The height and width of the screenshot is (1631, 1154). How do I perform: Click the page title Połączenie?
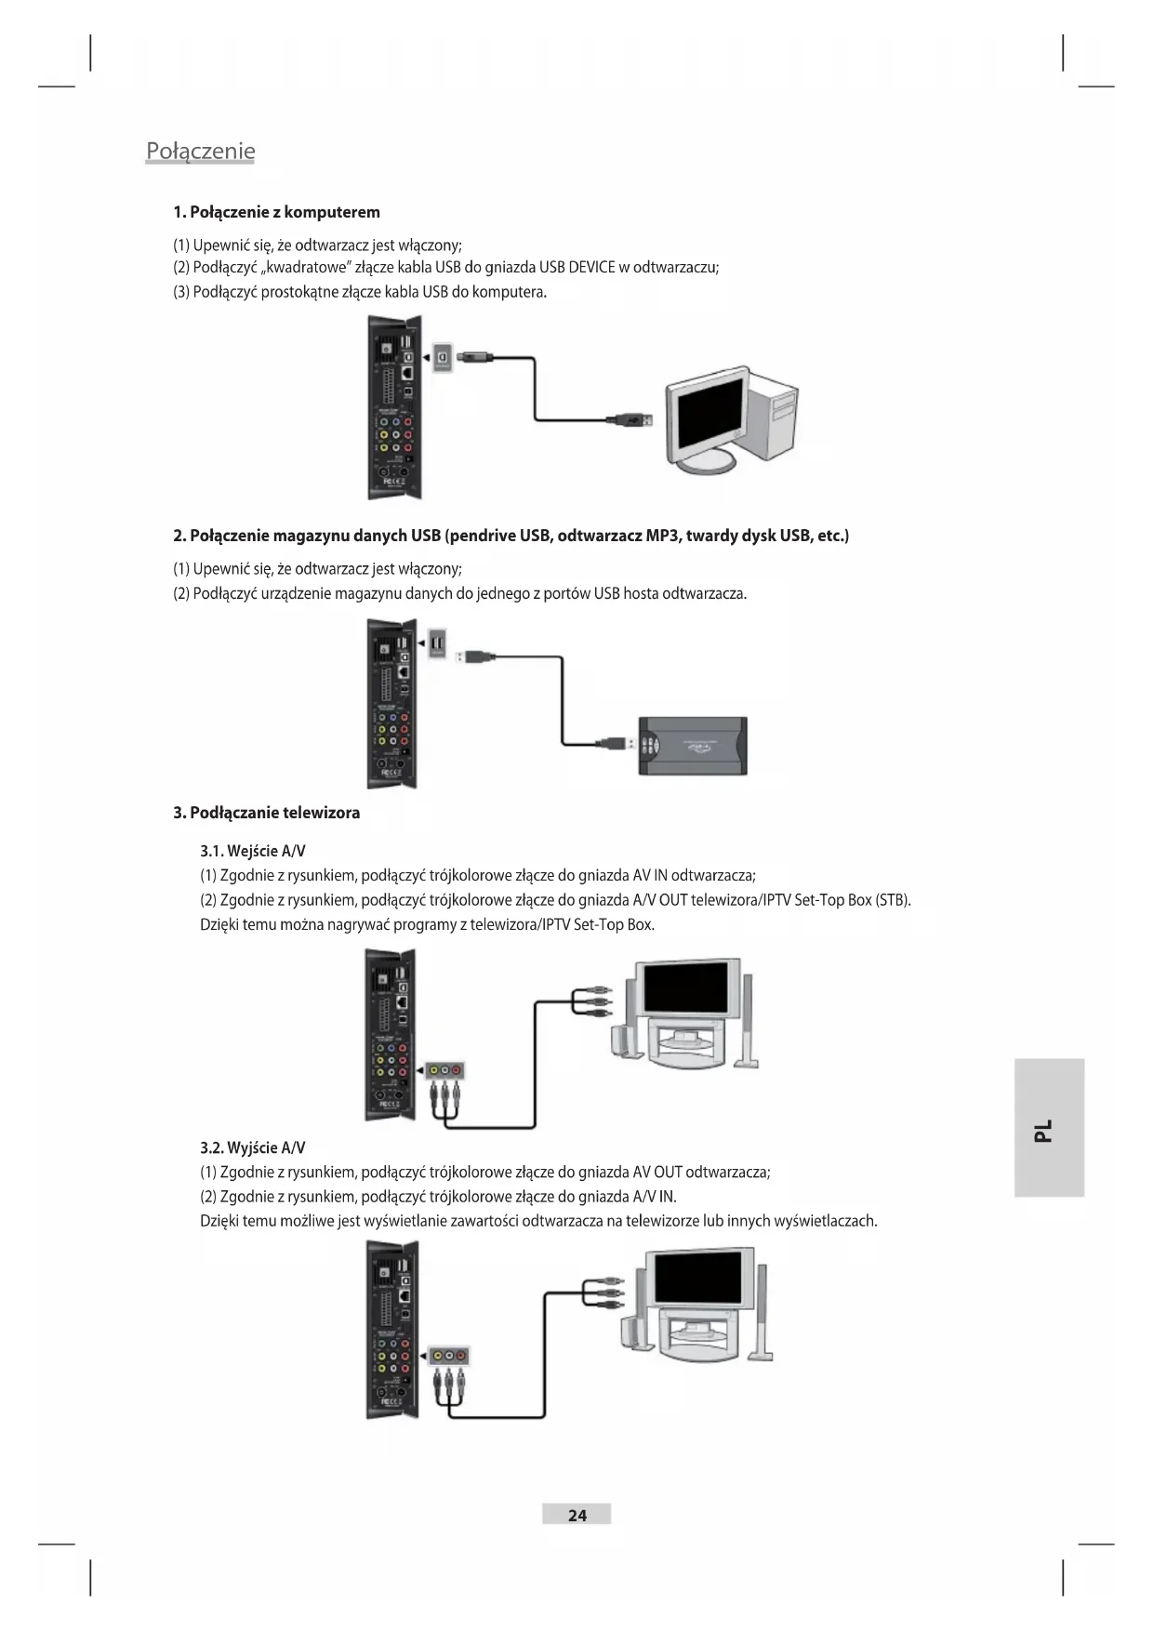[x=200, y=152]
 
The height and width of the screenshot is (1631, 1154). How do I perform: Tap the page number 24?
[x=577, y=1515]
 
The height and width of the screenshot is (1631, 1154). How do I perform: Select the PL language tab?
[x=1048, y=1128]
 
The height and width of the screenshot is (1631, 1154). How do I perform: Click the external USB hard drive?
[x=693, y=746]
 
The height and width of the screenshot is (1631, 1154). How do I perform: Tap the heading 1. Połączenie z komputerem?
[x=276, y=212]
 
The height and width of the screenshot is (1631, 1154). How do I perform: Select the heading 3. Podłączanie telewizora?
[x=266, y=813]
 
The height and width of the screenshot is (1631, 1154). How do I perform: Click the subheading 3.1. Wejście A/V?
[x=253, y=851]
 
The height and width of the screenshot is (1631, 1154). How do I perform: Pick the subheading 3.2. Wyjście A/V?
[x=253, y=1147]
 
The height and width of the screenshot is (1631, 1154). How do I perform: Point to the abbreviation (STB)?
[x=893, y=900]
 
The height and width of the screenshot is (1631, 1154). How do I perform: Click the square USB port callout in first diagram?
[x=444, y=357]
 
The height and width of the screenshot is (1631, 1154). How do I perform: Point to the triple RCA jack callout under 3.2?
[x=448, y=1357]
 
